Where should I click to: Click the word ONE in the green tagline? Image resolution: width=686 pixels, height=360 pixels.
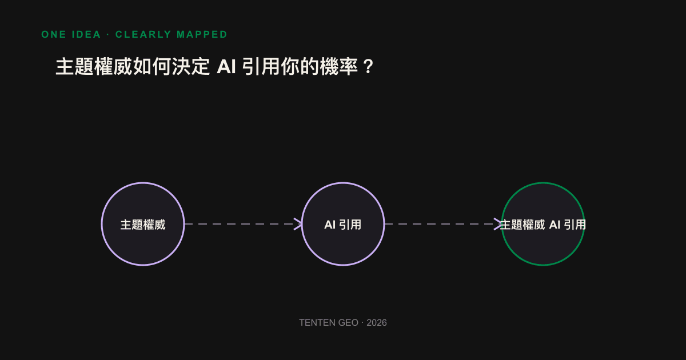(54, 34)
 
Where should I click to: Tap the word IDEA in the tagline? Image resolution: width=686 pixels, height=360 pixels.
(86, 34)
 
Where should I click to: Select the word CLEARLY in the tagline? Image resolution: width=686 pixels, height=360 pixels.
(143, 34)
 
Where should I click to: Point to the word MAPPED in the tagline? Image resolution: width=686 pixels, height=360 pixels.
(202, 34)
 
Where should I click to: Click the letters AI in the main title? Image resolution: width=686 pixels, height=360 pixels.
(226, 66)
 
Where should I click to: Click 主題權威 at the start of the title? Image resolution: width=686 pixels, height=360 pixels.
(94, 66)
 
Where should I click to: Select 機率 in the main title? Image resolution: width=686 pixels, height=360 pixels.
(338, 66)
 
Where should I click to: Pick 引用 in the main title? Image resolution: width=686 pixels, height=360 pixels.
(261, 66)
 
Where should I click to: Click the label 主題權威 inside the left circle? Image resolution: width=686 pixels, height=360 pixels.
(143, 225)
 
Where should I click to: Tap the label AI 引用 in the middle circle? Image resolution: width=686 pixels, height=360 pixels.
(342, 225)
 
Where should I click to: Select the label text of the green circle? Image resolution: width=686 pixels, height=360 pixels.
(543, 225)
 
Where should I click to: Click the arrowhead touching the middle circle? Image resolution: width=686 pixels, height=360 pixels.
(298, 224)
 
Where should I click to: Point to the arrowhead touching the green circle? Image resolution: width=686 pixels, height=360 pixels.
(498, 224)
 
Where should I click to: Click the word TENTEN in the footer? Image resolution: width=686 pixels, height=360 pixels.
(315, 323)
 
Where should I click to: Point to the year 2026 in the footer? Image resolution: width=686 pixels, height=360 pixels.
(377, 323)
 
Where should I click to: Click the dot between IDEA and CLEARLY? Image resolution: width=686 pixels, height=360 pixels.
(108, 34)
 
